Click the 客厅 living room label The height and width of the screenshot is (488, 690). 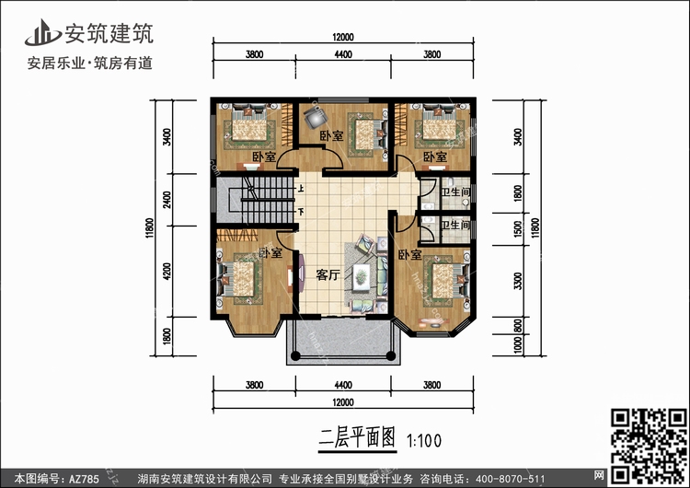click(328, 274)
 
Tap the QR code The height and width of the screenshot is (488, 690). click(649, 447)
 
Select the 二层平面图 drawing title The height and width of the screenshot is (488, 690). click(357, 437)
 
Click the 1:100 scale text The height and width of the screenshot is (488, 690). click(424, 440)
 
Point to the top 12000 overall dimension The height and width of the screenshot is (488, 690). click(343, 38)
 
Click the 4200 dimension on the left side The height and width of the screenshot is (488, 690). click(167, 272)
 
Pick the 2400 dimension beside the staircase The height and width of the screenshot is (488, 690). click(167, 200)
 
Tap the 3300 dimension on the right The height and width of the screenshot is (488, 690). click(518, 281)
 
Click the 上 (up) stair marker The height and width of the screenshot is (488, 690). click(301, 190)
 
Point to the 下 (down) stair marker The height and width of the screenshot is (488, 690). click(301, 213)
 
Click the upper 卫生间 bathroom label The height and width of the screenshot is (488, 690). click(455, 192)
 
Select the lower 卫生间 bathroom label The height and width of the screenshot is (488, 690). click(455, 225)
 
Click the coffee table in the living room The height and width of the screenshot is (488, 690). click(362, 277)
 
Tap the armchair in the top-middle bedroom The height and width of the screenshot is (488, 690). click(316, 116)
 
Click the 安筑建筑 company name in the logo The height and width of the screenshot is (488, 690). click(109, 33)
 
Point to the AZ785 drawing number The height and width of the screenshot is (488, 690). click(84, 478)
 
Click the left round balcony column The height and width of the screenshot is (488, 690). click(295, 355)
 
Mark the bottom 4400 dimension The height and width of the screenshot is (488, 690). click(343, 385)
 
